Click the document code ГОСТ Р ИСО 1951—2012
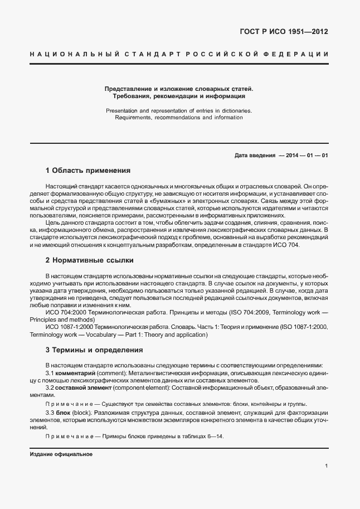click(283, 31)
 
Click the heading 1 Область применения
click(87, 171)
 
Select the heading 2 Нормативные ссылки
click(89, 260)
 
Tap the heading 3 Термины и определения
click(94, 350)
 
